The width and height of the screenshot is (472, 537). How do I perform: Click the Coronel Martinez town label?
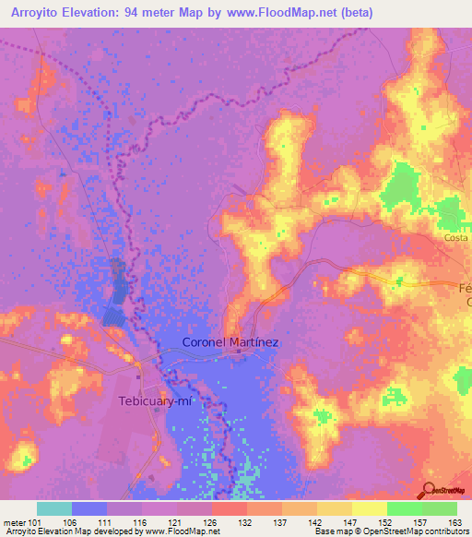tap(230, 341)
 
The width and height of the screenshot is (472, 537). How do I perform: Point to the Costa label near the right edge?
tap(456, 237)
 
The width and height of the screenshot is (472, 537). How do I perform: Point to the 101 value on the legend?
tap(35, 521)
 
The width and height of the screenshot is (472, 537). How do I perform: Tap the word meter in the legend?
tap(13, 521)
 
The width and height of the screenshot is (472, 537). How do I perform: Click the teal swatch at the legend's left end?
tap(54, 508)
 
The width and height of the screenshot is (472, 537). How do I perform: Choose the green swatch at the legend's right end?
tap(439, 508)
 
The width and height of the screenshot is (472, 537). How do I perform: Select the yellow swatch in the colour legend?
tap(369, 508)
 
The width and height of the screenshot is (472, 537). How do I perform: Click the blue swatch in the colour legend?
tap(89, 508)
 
